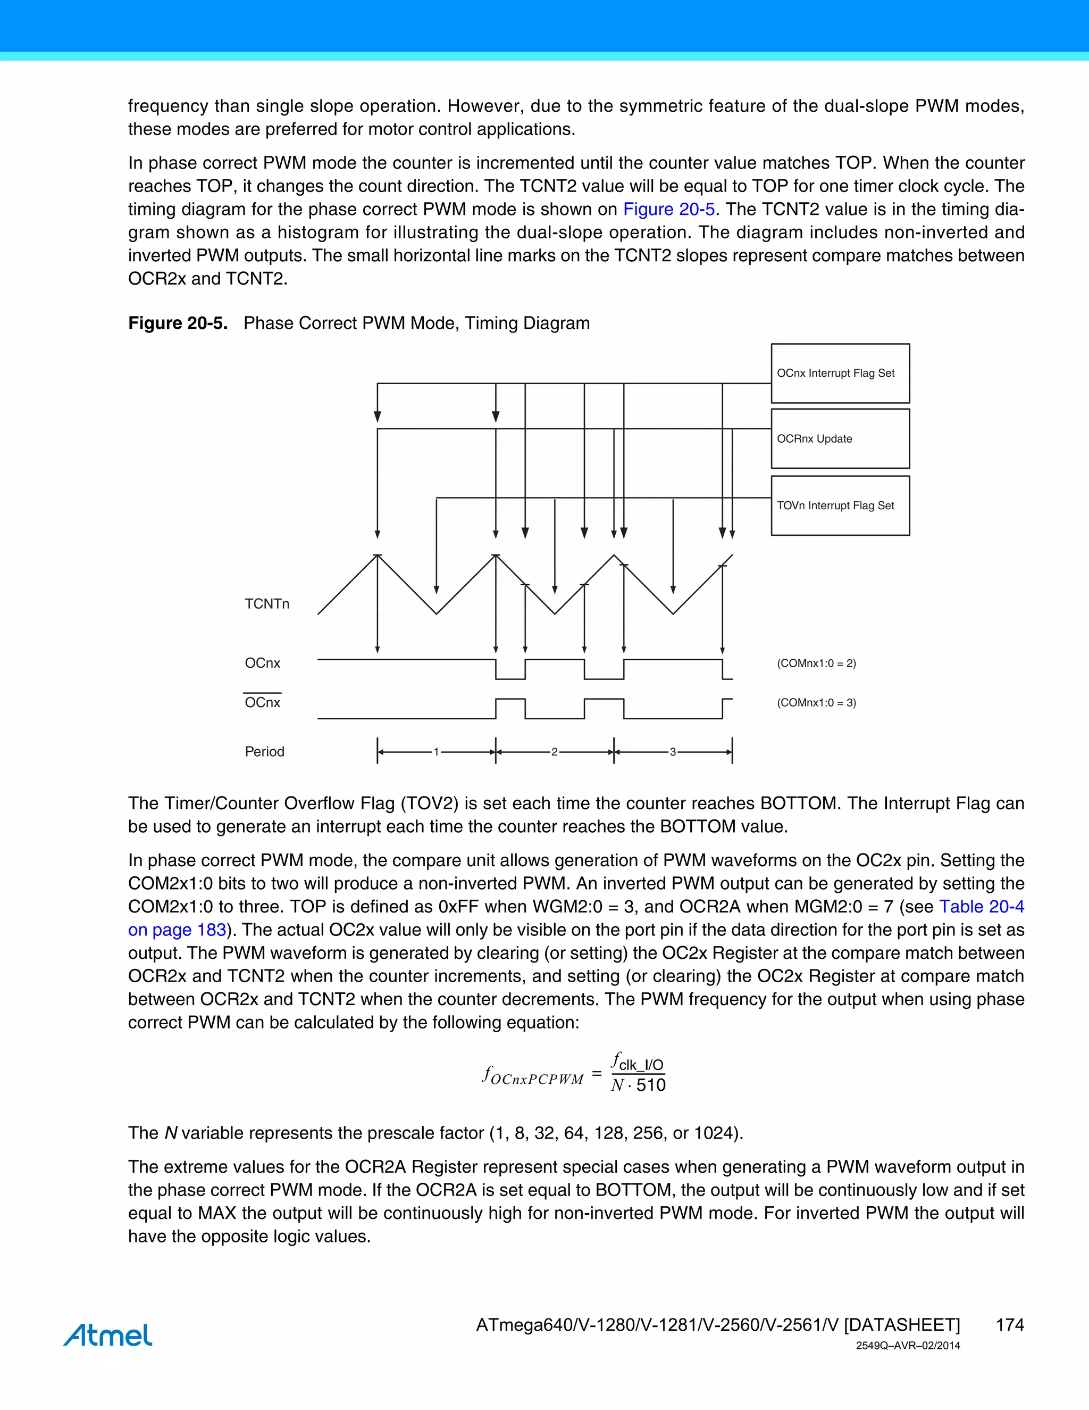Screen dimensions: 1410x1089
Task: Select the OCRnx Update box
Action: [840, 439]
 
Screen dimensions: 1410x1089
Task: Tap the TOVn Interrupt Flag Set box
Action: [840, 506]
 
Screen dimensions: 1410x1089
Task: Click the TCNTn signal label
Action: [267, 604]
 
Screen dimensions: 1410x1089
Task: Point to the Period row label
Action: [264, 751]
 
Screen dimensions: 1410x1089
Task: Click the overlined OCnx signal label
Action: [263, 702]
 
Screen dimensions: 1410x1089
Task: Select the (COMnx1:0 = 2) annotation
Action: [816, 663]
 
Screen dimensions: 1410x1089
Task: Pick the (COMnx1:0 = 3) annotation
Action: [816, 702]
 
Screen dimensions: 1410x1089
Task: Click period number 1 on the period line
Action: [436, 751]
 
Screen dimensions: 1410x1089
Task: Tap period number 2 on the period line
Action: [554, 751]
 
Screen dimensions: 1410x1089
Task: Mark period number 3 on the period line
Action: [672, 751]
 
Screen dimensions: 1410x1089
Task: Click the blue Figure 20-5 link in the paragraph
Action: [668, 209]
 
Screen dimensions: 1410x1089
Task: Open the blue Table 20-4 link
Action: [981, 907]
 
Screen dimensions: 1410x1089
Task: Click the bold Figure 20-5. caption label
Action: [178, 323]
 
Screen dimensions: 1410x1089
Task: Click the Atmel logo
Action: [108, 1334]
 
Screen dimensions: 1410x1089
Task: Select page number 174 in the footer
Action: [1010, 1325]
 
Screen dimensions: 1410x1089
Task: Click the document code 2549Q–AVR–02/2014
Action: [908, 1346]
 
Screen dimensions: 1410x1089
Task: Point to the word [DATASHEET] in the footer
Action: [902, 1325]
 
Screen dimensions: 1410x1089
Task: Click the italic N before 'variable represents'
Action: [171, 1133]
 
